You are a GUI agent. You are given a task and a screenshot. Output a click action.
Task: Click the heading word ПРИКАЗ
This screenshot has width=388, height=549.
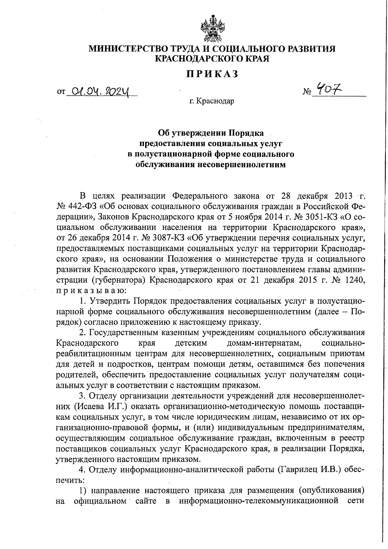pos(212,74)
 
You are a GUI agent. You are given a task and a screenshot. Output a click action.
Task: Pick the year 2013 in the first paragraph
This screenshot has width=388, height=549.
pos(340,196)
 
